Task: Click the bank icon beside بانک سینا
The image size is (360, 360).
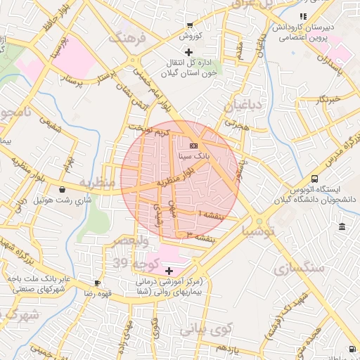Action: [x=194, y=146]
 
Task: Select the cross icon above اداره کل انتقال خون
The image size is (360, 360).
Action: [x=188, y=53]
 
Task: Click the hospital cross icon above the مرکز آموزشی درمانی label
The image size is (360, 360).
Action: [x=168, y=271]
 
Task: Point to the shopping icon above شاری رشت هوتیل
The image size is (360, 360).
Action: [x=63, y=189]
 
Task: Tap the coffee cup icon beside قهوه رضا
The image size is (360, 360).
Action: [x=97, y=282]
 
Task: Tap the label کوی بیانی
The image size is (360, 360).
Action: [x=205, y=329]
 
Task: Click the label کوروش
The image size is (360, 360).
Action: [x=188, y=35]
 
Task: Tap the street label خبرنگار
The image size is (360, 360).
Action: [x=328, y=99]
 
